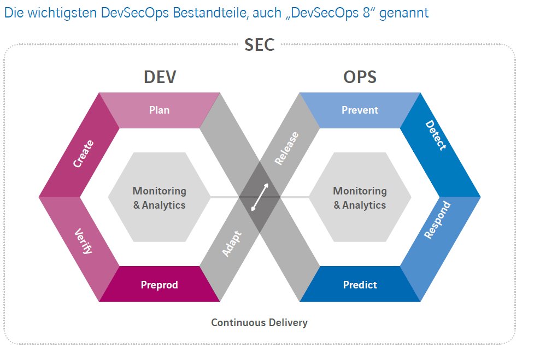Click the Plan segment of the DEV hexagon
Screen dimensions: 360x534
[x=160, y=110]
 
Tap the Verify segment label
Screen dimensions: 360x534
[x=84, y=241]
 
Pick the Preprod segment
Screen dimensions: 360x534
[x=160, y=285]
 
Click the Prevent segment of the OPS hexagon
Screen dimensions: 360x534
[x=360, y=110]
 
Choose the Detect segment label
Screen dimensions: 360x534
[x=436, y=136]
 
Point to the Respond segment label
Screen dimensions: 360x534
[x=437, y=220]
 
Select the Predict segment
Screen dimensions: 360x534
[x=360, y=285]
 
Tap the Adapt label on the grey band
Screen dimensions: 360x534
[x=232, y=244]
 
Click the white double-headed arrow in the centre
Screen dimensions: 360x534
[x=260, y=197]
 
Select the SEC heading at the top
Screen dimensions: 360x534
[x=260, y=45]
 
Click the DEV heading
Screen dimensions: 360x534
[x=160, y=77]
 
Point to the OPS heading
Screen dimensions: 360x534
[x=360, y=77]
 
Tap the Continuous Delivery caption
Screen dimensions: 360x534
[x=260, y=323]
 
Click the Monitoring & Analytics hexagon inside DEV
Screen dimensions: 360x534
[x=160, y=198]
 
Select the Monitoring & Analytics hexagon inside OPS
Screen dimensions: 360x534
[x=360, y=198]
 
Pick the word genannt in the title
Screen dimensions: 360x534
[x=403, y=13]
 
